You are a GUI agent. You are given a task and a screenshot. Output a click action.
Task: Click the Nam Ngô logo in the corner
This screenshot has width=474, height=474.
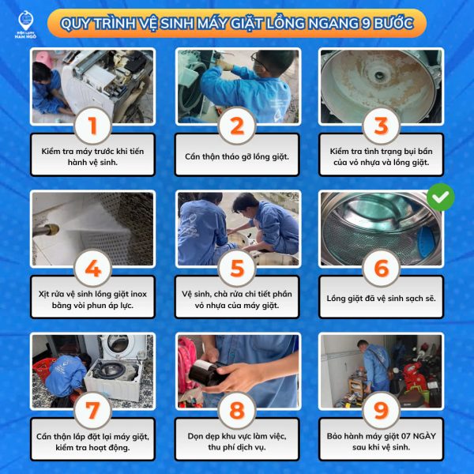point(25,24)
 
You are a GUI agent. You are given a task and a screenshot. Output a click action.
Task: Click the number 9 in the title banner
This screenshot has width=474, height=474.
point(366,23)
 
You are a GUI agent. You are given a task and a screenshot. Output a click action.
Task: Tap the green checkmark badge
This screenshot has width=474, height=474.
point(441,197)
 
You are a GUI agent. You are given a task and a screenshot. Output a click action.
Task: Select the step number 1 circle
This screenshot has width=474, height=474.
point(92,126)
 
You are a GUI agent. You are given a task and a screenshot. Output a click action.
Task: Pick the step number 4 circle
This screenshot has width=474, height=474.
point(92,268)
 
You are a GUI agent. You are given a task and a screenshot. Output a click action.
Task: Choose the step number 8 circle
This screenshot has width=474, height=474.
point(237,411)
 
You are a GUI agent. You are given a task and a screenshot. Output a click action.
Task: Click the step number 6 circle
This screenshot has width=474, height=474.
point(382,268)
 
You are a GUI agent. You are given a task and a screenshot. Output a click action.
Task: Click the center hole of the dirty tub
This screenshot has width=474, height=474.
point(378,75)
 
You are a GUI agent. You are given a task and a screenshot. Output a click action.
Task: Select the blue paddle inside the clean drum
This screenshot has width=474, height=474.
point(427,241)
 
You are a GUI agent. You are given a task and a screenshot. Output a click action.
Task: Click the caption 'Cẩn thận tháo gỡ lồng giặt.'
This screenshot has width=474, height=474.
point(237,156)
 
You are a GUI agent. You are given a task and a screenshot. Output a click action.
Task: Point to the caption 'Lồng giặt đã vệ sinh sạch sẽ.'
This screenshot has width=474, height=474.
point(382,299)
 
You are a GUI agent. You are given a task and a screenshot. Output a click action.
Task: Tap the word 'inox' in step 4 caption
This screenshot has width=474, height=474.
point(138,294)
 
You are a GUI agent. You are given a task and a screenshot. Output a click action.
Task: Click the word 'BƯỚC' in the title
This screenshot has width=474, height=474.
point(393,23)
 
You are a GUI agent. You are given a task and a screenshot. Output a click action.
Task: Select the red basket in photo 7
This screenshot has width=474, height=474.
point(43,368)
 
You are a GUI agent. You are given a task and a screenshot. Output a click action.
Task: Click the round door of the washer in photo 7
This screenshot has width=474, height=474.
point(118,344)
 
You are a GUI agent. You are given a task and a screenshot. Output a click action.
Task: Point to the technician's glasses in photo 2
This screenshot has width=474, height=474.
point(258,61)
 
